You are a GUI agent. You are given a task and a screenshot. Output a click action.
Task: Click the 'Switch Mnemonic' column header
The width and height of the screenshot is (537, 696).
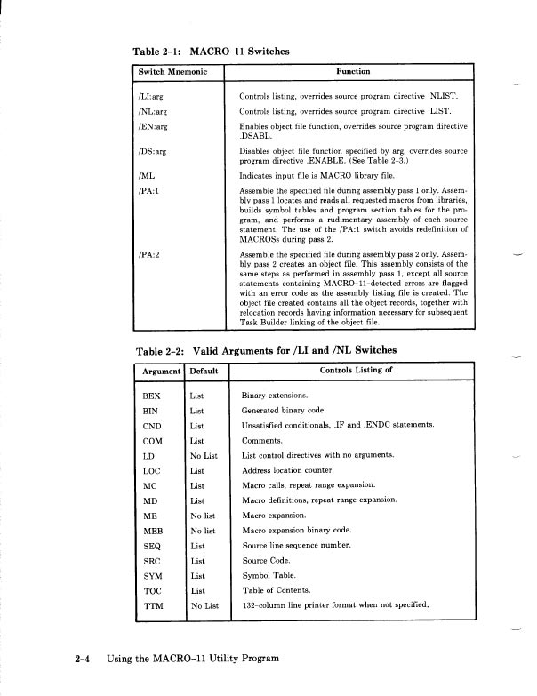pos(172,71)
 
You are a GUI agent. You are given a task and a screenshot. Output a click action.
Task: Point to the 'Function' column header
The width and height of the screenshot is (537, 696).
pos(353,71)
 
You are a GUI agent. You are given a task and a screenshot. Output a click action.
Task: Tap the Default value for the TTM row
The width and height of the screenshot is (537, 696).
pos(204,605)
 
